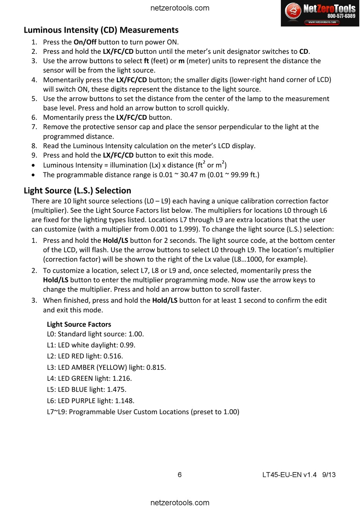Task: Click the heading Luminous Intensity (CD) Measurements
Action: [x=101, y=30]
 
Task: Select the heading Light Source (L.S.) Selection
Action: [x=77, y=191]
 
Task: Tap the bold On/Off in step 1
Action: [x=85, y=42]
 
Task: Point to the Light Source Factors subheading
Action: [x=79, y=324]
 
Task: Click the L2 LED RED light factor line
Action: [x=85, y=356]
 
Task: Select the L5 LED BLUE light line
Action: [x=86, y=390]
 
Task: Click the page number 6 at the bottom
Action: [x=180, y=475]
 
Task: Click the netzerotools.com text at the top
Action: [x=180, y=8]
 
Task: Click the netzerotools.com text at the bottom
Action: [x=180, y=503]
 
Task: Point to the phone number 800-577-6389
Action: [x=341, y=16]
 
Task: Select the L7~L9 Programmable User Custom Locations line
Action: [x=143, y=412]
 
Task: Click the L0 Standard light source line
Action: [x=95, y=334]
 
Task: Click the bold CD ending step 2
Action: [x=304, y=52]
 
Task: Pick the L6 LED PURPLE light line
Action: [x=91, y=401]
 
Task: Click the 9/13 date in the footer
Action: [x=329, y=475]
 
